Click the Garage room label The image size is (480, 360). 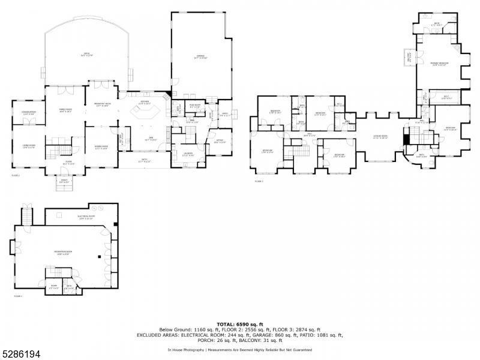click(199, 57)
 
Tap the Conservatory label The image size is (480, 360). click(29, 112)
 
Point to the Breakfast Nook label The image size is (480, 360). click(101, 105)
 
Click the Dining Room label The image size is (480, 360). click(101, 147)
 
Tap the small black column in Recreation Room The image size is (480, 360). click(98, 256)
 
